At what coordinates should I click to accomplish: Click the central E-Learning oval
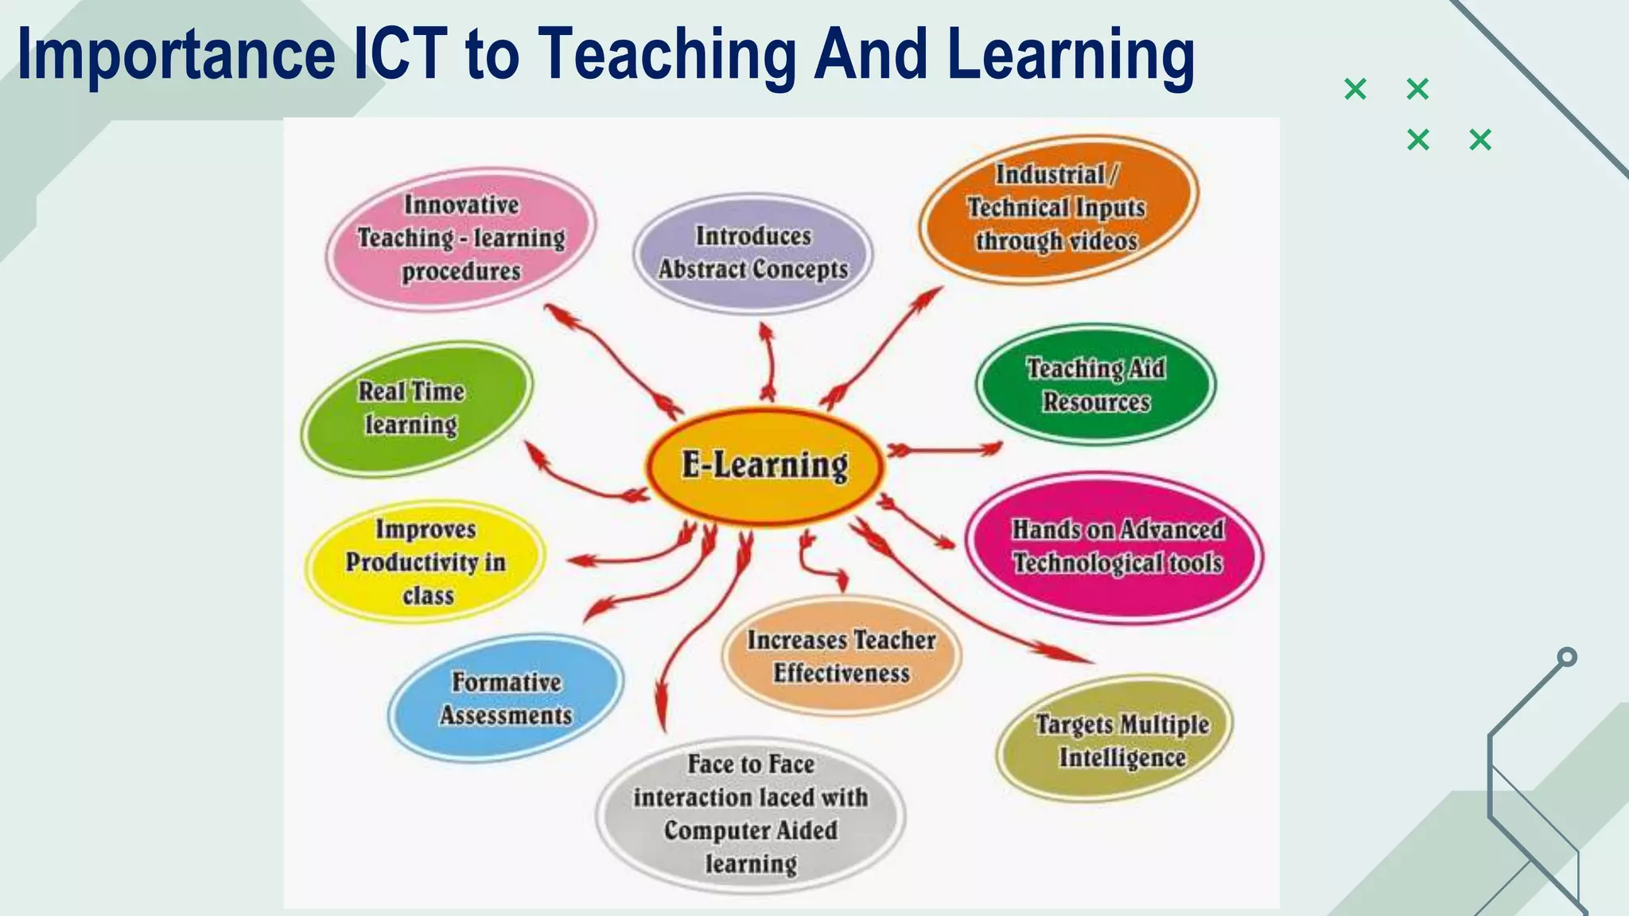tap(764, 465)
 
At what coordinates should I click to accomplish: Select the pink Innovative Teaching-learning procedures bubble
tap(461, 238)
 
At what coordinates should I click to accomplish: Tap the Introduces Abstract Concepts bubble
tap(752, 253)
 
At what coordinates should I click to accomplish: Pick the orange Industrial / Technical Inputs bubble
tap(1058, 208)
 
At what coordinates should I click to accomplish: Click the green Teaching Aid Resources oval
tap(1096, 385)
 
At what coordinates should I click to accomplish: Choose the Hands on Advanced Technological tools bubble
tap(1115, 547)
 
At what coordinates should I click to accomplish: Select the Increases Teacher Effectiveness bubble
tap(841, 656)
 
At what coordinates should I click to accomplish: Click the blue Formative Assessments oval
tap(506, 698)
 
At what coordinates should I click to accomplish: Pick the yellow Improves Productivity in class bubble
tap(426, 561)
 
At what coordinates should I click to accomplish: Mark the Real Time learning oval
tap(416, 408)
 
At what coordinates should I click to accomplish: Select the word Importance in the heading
tap(176, 54)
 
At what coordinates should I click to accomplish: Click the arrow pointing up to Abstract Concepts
tap(768, 362)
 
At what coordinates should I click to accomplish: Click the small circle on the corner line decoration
tap(1567, 657)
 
